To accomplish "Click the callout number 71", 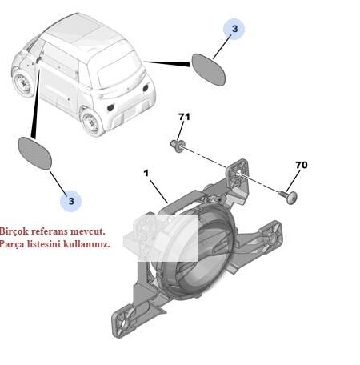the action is click(184, 117).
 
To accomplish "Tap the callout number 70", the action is click(302, 165).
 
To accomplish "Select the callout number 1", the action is click(146, 174).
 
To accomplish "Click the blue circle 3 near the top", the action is click(234, 29).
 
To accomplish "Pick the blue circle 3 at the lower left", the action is click(70, 201).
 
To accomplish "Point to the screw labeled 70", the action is click(289, 197).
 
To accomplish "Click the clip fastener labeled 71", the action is click(177, 145).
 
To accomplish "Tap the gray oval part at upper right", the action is click(209, 70).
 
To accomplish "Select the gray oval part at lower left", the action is click(34, 153).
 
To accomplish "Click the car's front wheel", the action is click(24, 83).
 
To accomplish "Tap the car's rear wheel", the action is click(91, 122).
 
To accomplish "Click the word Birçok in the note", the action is click(13, 231).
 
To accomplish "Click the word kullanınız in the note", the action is click(86, 244).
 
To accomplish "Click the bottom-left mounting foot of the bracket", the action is click(123, 323).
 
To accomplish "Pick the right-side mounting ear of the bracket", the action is click(270, 235).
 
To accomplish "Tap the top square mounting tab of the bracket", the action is click(238, 173).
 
